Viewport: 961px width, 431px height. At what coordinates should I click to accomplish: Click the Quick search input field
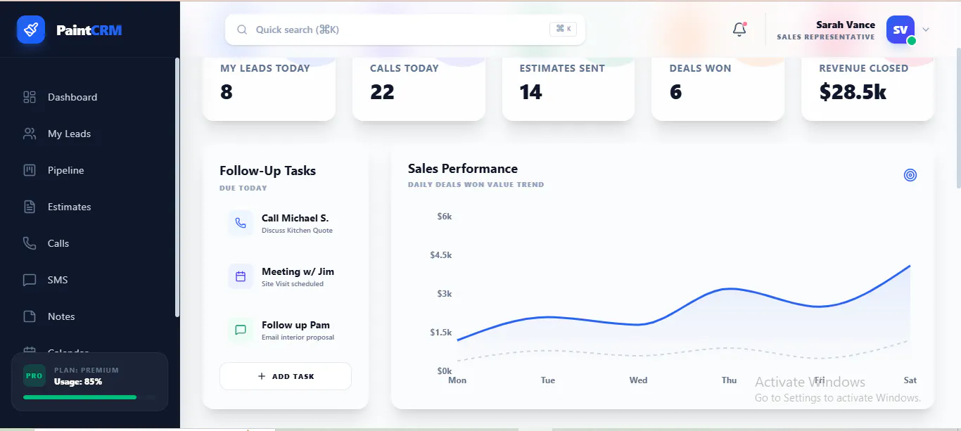[405, 30]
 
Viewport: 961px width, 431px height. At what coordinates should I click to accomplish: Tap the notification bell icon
[739, 29]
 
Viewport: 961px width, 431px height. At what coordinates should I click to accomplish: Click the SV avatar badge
[900, 30]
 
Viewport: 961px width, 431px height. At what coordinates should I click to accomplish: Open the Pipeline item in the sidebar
[65, 170]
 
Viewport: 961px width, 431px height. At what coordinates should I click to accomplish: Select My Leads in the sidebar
[69, 134]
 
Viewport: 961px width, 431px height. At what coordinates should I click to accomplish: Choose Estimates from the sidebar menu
[69, 207]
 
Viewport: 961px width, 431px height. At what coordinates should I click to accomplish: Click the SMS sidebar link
[57, 280]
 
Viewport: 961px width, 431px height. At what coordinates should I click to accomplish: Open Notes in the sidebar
[61, 316]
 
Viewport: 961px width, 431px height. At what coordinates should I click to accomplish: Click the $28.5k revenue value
[853, 92]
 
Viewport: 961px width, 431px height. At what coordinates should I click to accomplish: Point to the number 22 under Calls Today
[382, 92]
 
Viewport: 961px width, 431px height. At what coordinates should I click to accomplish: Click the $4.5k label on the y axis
[440, 255]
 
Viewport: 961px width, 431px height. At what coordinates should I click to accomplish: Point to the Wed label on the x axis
[638, 380]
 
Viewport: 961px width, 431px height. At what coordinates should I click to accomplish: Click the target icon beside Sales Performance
[910, 175]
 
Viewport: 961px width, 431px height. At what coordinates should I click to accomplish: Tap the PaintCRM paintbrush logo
[31, 30]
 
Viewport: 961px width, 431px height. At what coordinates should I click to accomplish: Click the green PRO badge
[34, 375]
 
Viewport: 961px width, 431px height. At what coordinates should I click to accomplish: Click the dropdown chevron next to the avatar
[926, 30]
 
